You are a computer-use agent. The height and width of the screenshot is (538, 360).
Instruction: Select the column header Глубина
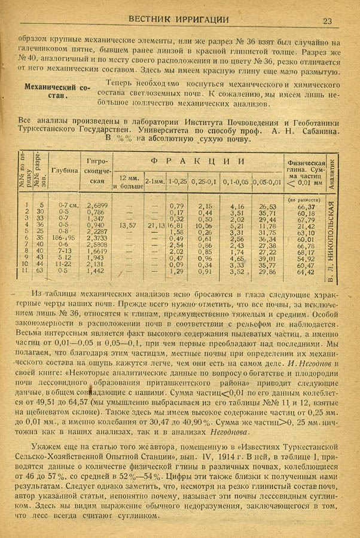coord(65,170)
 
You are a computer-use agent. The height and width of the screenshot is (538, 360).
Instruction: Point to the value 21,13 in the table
coord(155,226)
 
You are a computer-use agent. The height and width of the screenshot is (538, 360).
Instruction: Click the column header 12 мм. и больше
coord(129,182)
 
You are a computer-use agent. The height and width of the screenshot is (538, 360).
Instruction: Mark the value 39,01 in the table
coord(267,258)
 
